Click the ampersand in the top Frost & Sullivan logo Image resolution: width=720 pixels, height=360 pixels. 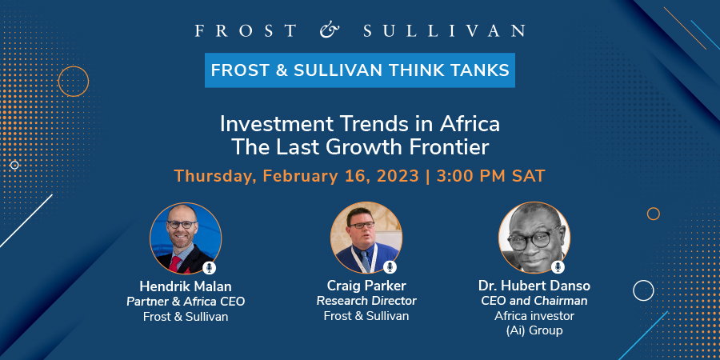(x=330, y=30)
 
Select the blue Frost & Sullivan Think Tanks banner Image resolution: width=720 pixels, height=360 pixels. (x=360, y=70)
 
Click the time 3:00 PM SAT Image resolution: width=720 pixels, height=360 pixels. (x=491, y=176)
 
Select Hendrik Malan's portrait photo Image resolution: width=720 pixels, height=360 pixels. (x=186, y=238)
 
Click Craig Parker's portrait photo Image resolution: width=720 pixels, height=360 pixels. (x=366, y=238)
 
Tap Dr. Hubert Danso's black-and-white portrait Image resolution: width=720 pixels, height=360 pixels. (x=534, y=238)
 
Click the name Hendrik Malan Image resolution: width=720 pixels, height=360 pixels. (x=186, y=287)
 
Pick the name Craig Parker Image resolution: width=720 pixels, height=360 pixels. (x=366, y=286)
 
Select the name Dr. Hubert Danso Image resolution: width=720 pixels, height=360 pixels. (x=534, y=286)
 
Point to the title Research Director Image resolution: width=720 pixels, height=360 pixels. (x=366, y=302)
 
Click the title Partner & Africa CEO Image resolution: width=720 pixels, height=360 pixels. (x=186, y=302)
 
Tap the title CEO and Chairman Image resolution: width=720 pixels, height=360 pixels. (x=534, y=301)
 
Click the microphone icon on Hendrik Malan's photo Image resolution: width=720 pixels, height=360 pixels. (x=209, y=267)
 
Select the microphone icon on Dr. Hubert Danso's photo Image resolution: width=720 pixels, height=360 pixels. (x=558, y=266)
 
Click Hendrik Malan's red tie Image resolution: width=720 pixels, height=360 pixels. (x=175, y=263)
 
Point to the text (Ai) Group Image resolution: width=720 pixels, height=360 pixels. (x=534, y=330)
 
